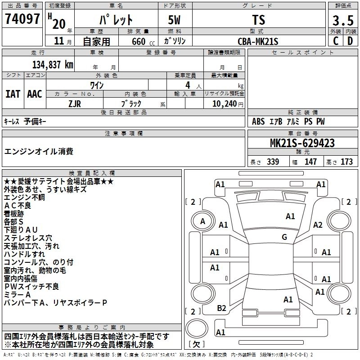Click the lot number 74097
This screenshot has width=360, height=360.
pos(22,19)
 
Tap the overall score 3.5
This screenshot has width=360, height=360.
pos(343,21)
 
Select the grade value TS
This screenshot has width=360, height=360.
pos(258,20)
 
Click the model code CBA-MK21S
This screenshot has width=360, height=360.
pos(258,41)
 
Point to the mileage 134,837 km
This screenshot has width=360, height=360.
pos(53,65)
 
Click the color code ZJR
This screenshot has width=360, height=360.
pos(75,103)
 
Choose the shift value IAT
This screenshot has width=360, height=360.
pos(13,94)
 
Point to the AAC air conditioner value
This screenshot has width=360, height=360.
pos(35,94)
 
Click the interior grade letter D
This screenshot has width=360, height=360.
pos(350,41)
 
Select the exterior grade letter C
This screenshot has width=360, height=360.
pos(335,41)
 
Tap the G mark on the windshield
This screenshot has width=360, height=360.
pos(284,237)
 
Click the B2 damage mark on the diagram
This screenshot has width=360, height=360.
pos(221,308)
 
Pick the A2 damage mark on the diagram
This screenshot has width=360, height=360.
pos(318,225)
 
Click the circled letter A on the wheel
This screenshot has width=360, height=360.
pos(202,221)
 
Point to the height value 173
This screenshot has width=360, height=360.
pos(347,162)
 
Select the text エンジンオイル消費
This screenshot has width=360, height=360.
pos(39,151)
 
